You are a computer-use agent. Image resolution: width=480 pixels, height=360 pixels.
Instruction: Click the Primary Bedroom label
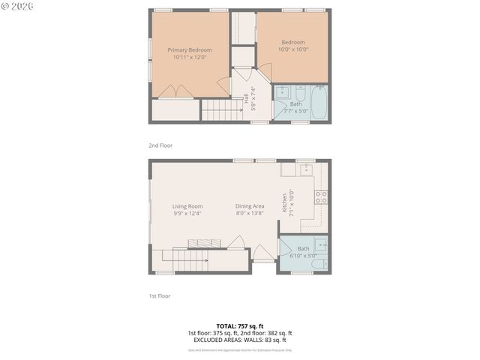coord(190,50)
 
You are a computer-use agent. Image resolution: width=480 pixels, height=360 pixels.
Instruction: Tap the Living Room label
coord(187,206)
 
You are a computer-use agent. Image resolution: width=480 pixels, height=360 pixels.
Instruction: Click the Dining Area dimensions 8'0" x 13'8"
coord(250,214)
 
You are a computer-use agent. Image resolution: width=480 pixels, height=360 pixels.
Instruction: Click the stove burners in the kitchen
coord(320,197)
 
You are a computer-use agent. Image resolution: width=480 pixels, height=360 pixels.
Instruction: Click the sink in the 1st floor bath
coord(320,244)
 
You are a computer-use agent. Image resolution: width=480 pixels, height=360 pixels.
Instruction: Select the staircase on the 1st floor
coord(184,261)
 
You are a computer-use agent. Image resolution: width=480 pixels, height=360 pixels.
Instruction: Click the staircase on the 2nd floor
coord(221,110)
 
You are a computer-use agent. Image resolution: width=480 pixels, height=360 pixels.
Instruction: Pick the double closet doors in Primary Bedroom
coord(175,92)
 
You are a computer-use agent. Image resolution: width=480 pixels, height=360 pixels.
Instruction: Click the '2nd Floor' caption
coord(160,145)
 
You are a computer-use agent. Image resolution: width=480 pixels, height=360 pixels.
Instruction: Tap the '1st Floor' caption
coord(159,296)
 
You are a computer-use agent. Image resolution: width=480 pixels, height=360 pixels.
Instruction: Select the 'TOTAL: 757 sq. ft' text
coord(239,326)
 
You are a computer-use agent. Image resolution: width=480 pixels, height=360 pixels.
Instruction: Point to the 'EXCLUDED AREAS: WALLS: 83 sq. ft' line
coord(239,340)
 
